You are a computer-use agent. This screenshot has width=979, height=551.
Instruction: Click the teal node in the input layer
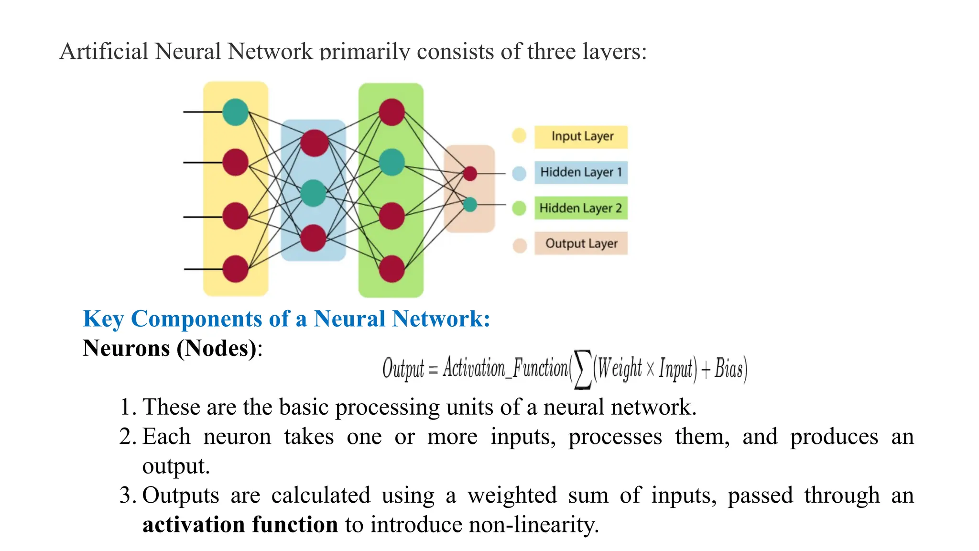pyautogui.click(x=235, y=112)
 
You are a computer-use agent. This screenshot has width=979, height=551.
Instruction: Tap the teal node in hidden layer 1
pyautogui.click(x=314, y=193)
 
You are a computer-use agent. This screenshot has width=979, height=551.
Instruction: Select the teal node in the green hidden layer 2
pyautogui.click(x=392, y=162)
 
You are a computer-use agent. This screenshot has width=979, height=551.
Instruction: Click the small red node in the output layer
pyautogui.click(x=470, y=173)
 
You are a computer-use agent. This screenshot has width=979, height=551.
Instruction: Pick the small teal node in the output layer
pyautogui.click(x=470, y=205)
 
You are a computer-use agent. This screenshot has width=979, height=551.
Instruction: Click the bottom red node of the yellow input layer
pyautogui.click(x=235, y=269)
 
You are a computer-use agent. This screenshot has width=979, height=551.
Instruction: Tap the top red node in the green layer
pyautogui.click(x=392, y=112)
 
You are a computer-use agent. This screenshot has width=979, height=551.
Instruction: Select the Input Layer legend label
pyautogui.click(x=581, y=136)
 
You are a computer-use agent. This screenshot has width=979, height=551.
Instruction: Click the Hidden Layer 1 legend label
pyautogui.click(x=581, y=172)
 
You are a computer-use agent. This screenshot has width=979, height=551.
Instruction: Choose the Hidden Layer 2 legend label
pyautogui.click(x=580, y=208)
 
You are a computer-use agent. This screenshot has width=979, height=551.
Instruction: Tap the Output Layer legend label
pyautogui.click(x=581, y=243)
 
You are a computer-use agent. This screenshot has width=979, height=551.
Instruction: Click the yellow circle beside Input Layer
pyautogui.click(x=519, y=136)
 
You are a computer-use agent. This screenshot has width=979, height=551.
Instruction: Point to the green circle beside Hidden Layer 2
pyautogui.click(x=519, y=209)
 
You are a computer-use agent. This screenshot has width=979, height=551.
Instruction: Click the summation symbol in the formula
pyautogui.click(x=582, y=369)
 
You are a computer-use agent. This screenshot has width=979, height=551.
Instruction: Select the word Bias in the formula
pyautogui.click(x=729, y=369)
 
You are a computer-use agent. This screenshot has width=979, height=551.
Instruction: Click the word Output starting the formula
pyautogui.click(x=402, y=369)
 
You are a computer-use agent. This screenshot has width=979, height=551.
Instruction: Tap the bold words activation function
pyautogui.click(x=240, y=525)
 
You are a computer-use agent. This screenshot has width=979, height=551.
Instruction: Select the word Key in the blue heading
pyautogui.click(x=103, y=319)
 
